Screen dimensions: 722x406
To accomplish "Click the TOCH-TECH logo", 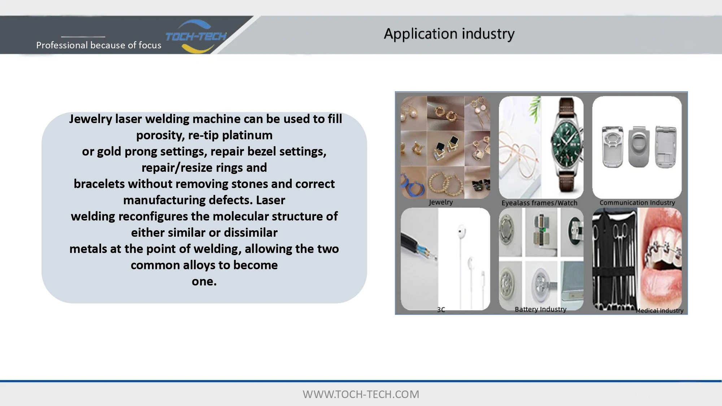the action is click(x=196, y=36).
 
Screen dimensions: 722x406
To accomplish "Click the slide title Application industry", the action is click(x=449, y=34).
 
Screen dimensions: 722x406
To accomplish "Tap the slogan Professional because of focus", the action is click(x=99, y=45).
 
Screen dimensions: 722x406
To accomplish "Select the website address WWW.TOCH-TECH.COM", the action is click(x=361, y=394).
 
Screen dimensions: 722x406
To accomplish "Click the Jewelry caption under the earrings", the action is click(x=441, y=202).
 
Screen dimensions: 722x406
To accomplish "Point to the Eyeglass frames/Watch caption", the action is click(x=539, y=203).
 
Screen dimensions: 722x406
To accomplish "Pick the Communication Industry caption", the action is click(x=637, y=202).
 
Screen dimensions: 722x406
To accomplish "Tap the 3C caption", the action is click(x=441, y=310).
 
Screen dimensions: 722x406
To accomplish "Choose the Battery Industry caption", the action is click(x=540, y=309).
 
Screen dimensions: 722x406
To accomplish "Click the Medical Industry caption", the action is click(x=660, y=310).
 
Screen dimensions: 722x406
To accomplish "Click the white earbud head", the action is click(x=461, y=231).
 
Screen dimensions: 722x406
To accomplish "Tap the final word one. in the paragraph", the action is click(x=204, y=281).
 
